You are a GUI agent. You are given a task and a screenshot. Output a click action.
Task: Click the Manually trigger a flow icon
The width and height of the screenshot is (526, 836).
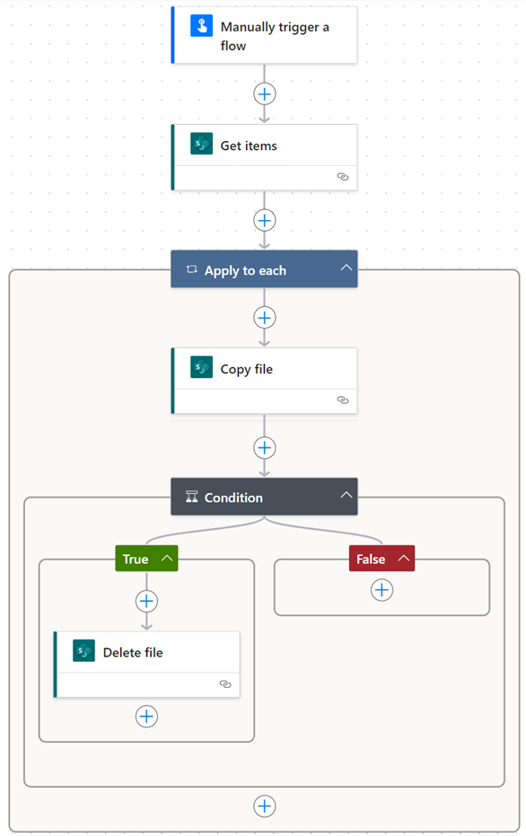coord(201,25)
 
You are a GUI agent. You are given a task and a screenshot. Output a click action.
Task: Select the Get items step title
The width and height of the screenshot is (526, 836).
coord(249,145)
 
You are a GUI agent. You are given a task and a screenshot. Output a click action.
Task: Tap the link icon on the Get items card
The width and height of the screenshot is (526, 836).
coord(343,177)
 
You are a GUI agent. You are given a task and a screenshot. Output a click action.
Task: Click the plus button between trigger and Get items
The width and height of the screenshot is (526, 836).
coord(264,94)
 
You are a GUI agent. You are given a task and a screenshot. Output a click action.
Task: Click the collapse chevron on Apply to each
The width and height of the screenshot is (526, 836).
coord(346,268)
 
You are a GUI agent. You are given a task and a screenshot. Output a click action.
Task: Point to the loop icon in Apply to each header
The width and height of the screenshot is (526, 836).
coord(192,269)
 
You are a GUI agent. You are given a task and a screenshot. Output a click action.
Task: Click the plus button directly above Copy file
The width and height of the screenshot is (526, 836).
coord(264,318)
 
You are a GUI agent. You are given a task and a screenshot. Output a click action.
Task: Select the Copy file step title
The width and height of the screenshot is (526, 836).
coord(247,369)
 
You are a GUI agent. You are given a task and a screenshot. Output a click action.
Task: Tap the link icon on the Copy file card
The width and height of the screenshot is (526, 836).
coord(343,400)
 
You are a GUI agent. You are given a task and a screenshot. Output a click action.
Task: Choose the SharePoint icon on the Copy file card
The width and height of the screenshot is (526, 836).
coord(201,367)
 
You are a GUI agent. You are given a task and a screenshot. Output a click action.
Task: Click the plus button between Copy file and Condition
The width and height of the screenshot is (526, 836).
coord(264,448)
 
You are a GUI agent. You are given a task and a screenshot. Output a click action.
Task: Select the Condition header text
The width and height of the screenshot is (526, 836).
coord(233,497)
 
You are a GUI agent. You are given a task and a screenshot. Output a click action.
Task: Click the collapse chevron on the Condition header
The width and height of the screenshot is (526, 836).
coord(346,495)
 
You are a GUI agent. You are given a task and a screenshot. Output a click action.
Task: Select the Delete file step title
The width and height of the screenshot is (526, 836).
coord(133,653)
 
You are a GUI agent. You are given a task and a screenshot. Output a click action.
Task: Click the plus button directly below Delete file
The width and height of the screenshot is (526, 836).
coord(146,716)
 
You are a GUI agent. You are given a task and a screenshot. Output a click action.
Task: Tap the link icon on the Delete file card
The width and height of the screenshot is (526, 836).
coord(225,684)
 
